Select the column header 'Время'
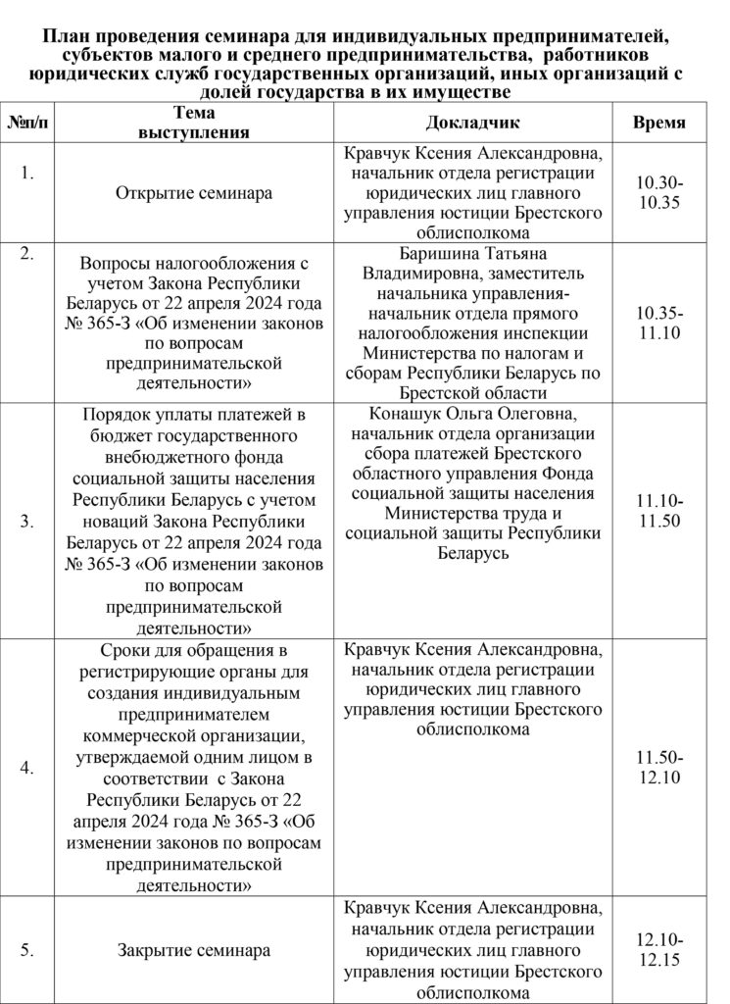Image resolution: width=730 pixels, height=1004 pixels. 658,124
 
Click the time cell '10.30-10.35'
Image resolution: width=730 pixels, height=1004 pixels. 658,193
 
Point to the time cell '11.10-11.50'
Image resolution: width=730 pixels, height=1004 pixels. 658,512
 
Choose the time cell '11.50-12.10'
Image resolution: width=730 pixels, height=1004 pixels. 658,768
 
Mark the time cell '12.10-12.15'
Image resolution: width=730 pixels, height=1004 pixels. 658,949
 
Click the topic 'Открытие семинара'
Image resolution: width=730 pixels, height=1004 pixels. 194,193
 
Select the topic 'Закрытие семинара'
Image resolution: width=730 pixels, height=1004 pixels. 194,949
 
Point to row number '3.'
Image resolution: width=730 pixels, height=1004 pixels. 27,522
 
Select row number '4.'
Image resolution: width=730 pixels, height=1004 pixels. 27,768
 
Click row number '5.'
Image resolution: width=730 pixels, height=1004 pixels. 27,949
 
